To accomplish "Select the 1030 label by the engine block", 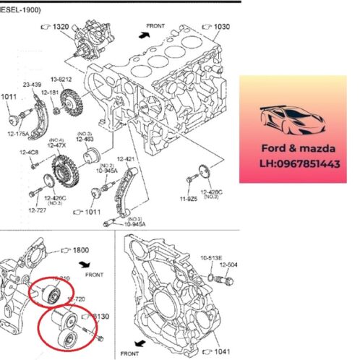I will [x=221, y=27].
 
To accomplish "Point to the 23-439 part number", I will [x=33, y=85].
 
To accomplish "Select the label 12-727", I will [x=38, y=210].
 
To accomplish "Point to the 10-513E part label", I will [x=211, y=256].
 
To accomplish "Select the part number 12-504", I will [x=228, y=264].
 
